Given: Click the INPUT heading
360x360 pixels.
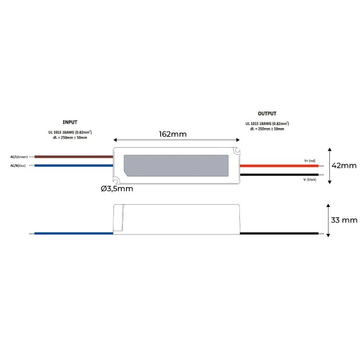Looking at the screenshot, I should point(70,122).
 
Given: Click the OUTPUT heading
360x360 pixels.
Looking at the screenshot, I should point(267,114).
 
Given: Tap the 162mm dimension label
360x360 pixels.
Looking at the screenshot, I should point(173,134).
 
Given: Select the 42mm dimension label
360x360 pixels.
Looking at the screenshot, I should point(344,165).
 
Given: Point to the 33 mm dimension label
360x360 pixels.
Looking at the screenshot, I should point(344,220).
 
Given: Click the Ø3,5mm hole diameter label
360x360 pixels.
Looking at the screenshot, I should point(117,189).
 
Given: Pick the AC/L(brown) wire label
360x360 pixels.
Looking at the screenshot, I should point(19,157).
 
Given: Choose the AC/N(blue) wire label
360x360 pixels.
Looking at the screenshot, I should point(18,166).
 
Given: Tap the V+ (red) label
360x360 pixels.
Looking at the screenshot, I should point(310,161).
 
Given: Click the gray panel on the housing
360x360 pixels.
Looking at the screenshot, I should point(176,165).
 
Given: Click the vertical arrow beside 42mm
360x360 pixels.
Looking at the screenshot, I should point(330,165).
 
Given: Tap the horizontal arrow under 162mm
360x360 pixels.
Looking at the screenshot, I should point(176,140).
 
